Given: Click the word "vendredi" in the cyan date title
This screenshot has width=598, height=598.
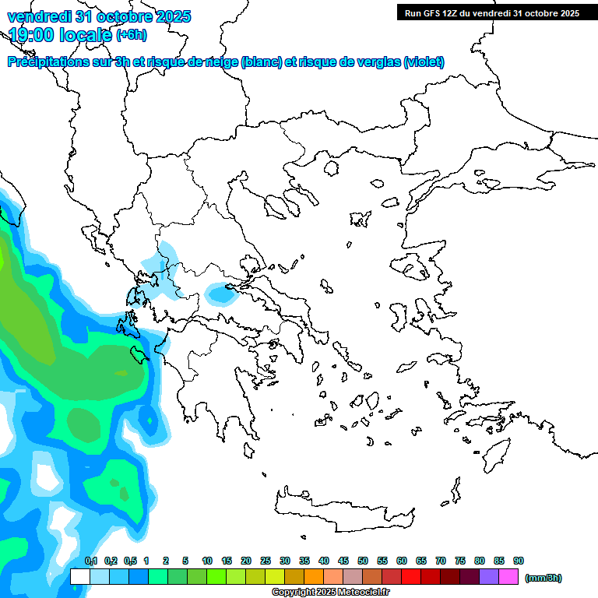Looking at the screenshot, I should tap(39, 16).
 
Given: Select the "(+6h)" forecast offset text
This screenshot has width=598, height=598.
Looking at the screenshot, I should tap(131, 35).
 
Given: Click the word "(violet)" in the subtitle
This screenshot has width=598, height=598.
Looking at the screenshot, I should tap(424, 62).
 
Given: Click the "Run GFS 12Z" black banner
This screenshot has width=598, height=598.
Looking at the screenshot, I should tap(491, 13).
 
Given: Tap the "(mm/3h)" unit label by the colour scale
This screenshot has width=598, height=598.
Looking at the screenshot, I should tap(543, 578).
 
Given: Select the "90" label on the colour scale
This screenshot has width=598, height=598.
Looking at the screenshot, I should tap(519, 561).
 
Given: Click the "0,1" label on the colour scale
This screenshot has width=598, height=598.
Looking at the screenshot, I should tap(91, 561).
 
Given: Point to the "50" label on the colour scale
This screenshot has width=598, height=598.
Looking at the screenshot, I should tap(363, 561).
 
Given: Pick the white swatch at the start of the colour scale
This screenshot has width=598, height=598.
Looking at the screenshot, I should tap(79, 577).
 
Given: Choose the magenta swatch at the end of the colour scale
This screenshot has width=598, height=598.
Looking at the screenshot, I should tap(508, 577).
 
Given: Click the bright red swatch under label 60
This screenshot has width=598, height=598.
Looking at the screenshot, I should tap(411, 577).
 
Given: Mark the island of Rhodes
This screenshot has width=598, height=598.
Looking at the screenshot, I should tap(495, 455).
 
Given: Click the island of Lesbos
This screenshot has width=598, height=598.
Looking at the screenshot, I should tap(414, 268).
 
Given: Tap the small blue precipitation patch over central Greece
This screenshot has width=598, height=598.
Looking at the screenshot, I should tap(221, 294).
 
